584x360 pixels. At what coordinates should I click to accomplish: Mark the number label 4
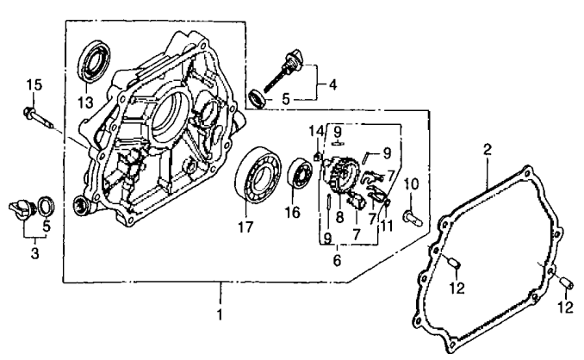[332, 85]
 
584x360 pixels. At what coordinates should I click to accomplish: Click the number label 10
[411, 183]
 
